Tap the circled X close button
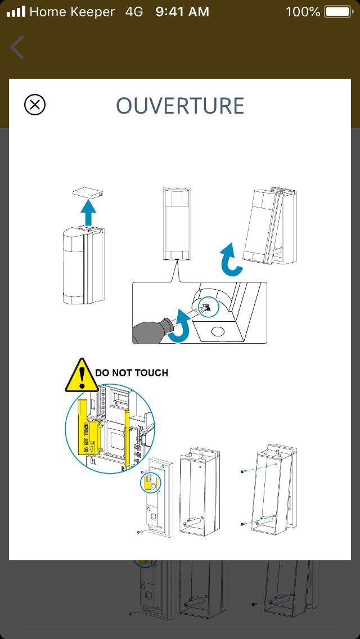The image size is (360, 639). point(35,105)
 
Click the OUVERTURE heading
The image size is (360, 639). point(180,106)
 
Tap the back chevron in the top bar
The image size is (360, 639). point(17,47)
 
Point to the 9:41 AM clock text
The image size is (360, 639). point(182,11)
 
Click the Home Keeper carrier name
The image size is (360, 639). point(72,11)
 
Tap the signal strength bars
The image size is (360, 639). point(16,11)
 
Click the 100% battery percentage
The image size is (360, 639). point(303,11)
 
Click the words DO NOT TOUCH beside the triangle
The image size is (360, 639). point(132,373)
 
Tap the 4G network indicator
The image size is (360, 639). point(134,11)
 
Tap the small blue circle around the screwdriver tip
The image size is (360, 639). point(208,307)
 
